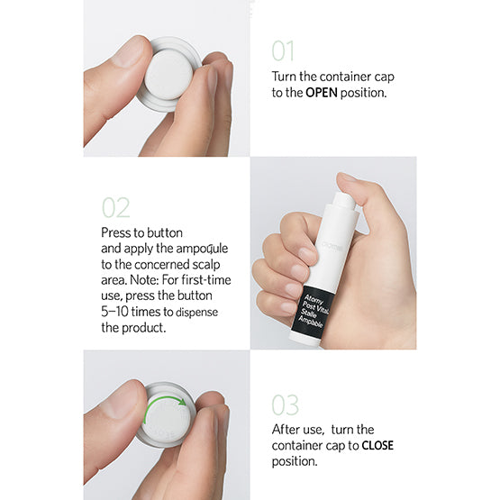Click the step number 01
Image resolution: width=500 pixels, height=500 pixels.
tap(283, 50)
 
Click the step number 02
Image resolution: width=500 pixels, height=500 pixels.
tap(115, 207)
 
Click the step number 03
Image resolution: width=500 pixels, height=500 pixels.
tap(285, 405)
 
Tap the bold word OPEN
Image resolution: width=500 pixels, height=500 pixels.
tap(322, 93)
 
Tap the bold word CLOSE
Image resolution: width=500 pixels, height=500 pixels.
tap(377, 445)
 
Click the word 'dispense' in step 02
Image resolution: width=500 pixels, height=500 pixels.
tap(196, 313)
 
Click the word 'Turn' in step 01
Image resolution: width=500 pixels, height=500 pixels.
tap(284, 77)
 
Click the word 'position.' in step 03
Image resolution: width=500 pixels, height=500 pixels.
tap(295, 461)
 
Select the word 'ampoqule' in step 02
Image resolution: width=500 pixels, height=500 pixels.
tap(202, 250)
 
